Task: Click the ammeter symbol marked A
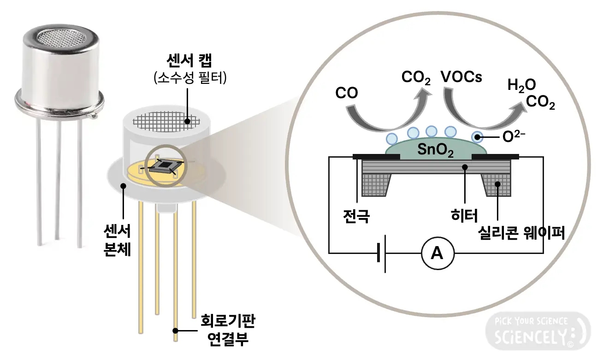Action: pyautogui.click(x=437, y=253)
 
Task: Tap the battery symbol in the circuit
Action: pyautogui.click(x=381, y=253)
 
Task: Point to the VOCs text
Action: pyautogui.click(x=461, y=77)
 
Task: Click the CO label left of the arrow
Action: pyautogui.click(x=347, y=94)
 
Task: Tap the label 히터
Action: pyautogui.click(x=464, y=215)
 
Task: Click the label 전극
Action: pyautogui.click(x=356, y=215)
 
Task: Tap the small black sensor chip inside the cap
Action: pyautogui.click(x=164, y=166)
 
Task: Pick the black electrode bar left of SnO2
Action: pyautogui.click(x=375, y=156)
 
